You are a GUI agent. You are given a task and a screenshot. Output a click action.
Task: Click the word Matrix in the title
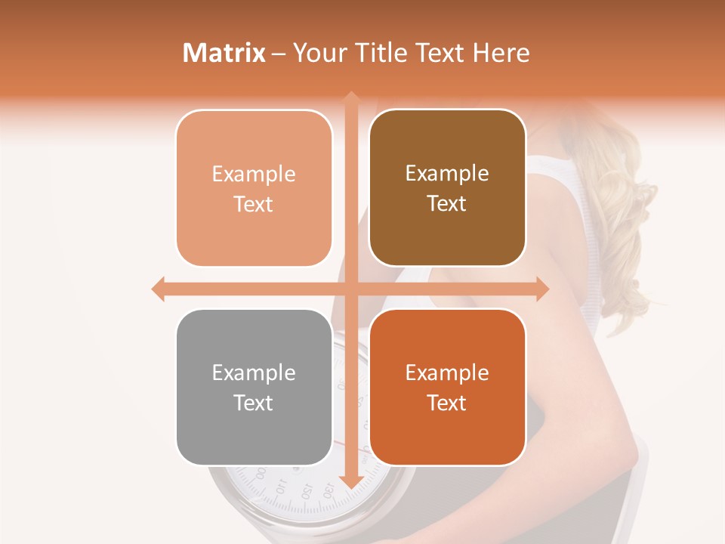(224, 53)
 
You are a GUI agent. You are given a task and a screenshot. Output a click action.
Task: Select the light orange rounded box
(254, 189)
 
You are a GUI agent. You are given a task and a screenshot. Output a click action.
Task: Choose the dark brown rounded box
(447, 188)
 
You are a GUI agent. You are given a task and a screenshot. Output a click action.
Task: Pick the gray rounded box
(254, 388)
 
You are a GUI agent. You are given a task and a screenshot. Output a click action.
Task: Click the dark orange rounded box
(447, 388)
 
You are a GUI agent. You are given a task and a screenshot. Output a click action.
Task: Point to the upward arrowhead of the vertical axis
(351, 97)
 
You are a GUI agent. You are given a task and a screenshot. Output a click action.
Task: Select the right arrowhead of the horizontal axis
(541, 289)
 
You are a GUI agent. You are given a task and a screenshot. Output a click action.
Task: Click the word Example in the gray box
(254, 372)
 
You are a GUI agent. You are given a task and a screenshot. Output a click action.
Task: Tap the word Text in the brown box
(447, 204)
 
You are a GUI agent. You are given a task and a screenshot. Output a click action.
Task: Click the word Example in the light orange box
(254, 174)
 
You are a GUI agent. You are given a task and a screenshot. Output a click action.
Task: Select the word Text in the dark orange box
(447, 403)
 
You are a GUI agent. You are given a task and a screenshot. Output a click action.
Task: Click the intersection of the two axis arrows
(351, 289)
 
